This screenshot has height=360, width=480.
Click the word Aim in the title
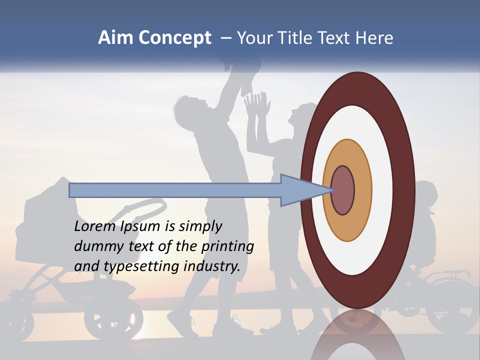pyautogui.click(x=116, y=38)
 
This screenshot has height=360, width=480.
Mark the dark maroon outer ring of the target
pyautogui.click(x=406, y=190)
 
